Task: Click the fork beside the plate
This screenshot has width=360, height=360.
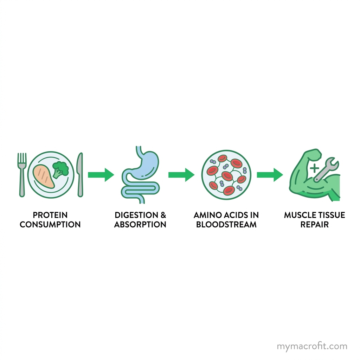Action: point(22,174)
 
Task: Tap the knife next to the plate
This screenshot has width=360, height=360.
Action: point(80,174)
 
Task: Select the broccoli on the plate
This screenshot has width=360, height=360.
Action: point(60,169)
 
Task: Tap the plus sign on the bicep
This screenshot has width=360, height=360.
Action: point(314,168)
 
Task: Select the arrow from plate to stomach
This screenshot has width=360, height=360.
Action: point(101,175)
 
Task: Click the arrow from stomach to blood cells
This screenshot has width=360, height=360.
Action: point(181,175)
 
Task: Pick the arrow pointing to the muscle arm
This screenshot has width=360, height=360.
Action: point(270,175)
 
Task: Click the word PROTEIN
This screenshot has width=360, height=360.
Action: point(50,215)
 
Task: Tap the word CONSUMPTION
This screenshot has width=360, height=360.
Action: point(50,225)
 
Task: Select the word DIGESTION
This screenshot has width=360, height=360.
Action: point(136,215)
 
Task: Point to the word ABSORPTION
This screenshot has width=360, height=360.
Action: point(140,225)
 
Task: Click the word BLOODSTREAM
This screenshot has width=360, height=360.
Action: point(226,225)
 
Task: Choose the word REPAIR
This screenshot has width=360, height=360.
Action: point(315,225)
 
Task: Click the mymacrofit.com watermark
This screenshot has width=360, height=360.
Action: point(312,346)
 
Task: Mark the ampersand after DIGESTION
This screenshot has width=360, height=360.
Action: point(163,215)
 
